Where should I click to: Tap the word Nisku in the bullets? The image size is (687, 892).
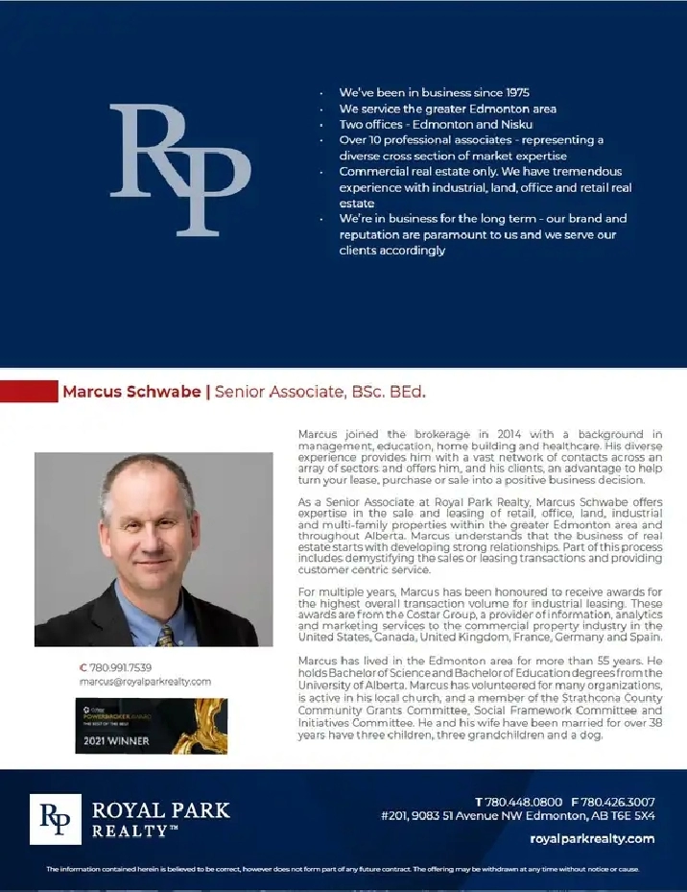(541, 125)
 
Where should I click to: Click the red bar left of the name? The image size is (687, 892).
(29, 392)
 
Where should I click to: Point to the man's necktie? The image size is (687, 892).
(167, 635)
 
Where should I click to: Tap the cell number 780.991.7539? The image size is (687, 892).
(119, 666)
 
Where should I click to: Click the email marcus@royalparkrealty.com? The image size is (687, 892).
(145, 682)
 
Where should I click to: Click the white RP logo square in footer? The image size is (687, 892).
(56, 818)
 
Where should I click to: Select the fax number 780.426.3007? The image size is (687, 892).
(618, 802)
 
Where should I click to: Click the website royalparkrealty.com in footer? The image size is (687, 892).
(591, 838)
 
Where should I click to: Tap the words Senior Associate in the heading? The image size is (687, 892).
(278, 392)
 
